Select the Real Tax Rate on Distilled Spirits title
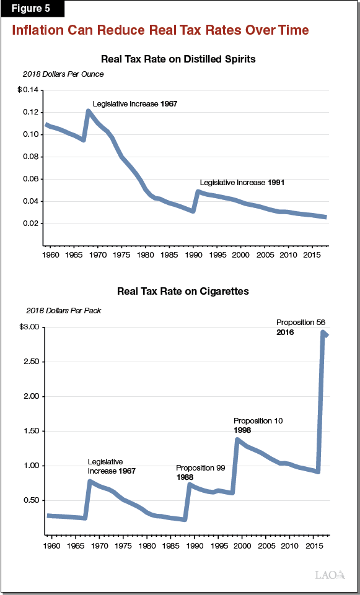click(x=178, y=59)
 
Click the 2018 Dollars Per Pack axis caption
click(x=63, y=310)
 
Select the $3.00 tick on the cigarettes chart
click(x=29, y=327)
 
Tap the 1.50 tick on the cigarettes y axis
click(x=30, y=431)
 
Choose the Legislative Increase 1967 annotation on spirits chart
click(x=135, y=103)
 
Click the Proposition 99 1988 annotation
click(x=200, y=472)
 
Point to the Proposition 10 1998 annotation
click(x=258, y=425)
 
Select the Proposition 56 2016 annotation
click(x=301, y=327)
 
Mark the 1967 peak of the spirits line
click(x=89, y=111)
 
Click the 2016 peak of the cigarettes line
click(x=323, y=332)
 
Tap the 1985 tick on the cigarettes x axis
click(x=170, y=546)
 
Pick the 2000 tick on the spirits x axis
click(x=242, y=254)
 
